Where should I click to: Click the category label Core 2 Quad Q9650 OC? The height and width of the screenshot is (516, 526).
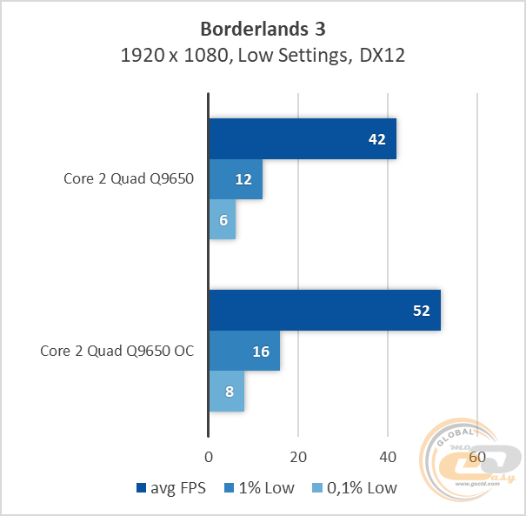[x=117, y=352]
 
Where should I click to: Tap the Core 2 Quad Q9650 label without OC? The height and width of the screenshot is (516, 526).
[x=128, y=180]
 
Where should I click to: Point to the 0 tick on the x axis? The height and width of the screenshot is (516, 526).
[x=208, y=457]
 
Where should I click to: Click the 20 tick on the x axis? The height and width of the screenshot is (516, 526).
[x=297, y=457]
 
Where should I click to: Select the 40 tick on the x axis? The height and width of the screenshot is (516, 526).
[x=387, y=457]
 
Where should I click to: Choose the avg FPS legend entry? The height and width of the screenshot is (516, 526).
[x=171, y=487]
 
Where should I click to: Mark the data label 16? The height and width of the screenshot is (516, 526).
[x=260, y=352]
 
